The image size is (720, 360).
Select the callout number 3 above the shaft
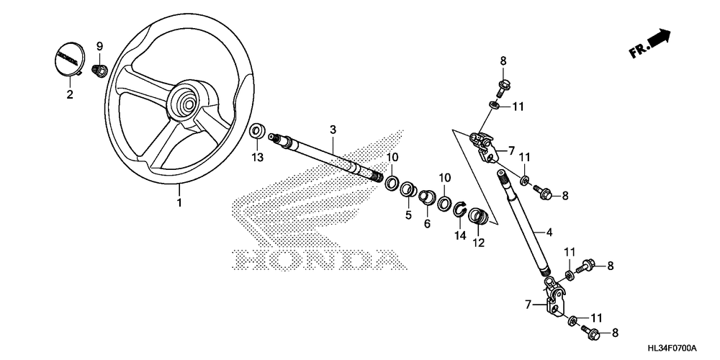click(333, 130)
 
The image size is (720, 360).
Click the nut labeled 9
click(101, 71)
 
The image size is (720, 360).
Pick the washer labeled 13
click(256, 132)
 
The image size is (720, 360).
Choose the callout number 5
click(408, 215)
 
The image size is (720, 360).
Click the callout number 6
click(427, 224)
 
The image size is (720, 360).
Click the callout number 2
click(70, 94)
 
